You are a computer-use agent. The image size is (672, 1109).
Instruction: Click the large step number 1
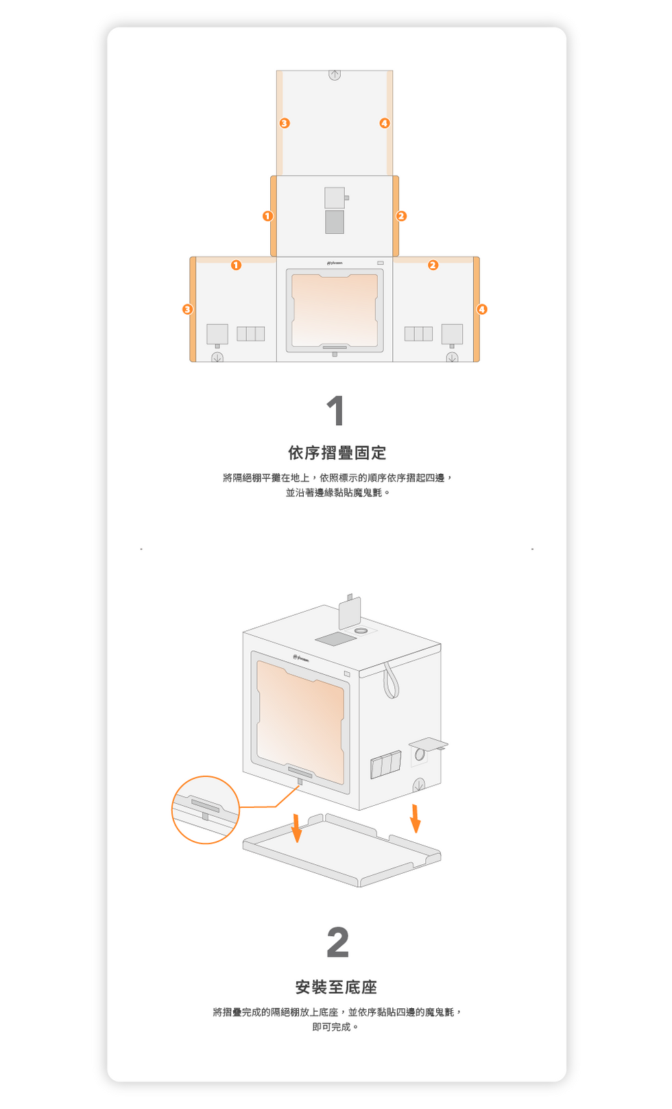335,410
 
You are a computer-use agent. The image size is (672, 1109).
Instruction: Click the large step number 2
337,942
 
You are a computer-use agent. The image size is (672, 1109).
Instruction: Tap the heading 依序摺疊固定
337,453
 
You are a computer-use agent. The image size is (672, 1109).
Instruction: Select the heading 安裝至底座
336,987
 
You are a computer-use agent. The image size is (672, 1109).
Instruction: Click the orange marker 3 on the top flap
285,123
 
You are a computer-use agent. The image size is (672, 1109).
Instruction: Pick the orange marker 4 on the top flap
385,123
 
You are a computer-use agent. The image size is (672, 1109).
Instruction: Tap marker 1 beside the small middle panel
267,216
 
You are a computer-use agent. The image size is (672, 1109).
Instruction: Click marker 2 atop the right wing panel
433,265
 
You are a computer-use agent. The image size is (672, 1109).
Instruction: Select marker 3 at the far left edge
187,309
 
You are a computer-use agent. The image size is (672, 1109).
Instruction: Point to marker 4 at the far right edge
482,309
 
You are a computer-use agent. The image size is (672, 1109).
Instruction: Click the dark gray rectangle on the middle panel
335,222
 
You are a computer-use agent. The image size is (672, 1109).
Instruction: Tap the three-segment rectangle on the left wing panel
250,334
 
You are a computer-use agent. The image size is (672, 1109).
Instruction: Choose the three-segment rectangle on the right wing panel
418,334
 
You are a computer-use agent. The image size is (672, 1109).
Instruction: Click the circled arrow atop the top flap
335,74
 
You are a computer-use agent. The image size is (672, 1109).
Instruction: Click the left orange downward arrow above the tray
296,828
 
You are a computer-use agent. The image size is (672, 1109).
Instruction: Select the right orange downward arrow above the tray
415,818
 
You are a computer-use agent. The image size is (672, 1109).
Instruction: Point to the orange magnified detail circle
172,810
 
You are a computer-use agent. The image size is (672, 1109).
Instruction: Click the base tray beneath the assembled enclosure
341,850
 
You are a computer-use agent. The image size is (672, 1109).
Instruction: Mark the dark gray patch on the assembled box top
336,639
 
